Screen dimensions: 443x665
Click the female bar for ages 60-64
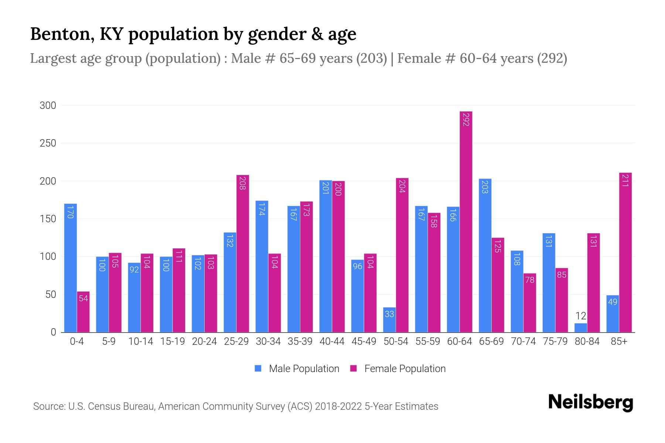466,221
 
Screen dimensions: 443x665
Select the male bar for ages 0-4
71,268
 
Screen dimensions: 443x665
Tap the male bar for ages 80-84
581,328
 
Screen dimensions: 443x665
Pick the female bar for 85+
625,253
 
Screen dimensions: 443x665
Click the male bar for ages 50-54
389,320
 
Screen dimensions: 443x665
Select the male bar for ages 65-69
485,255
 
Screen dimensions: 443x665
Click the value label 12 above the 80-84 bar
581,316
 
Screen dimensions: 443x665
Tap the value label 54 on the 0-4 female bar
83,298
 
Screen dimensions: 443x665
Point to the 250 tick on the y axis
48,143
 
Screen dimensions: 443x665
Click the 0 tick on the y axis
53,332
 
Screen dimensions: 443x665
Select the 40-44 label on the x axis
332,342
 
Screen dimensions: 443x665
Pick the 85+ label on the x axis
619,342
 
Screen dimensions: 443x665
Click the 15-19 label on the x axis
173,342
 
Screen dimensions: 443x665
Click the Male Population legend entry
297,369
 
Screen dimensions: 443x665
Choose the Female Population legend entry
398,369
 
